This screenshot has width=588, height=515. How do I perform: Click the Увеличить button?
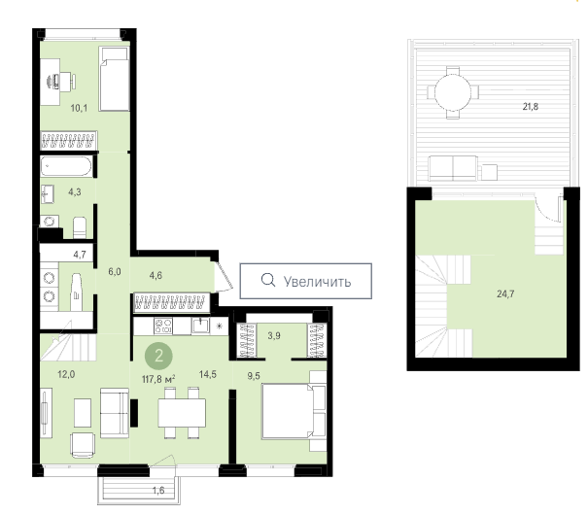(305, 281)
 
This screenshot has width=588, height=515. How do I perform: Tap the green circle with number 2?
(158, 356)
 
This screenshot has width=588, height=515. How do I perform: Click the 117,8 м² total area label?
(158, 379)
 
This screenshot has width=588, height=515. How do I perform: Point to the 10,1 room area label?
(79, 108)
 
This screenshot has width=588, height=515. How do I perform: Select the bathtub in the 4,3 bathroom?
(66, 166)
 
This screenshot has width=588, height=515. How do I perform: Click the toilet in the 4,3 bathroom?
(80, 227)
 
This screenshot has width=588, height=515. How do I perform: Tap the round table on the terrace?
(453, 92)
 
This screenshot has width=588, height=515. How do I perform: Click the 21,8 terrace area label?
(531, 107)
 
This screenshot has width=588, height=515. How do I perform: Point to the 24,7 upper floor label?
(505, 293)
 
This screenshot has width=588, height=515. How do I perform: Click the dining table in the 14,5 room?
(182, 413)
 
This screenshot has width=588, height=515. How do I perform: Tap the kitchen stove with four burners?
(163, 326)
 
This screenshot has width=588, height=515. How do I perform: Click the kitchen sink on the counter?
(201, 326)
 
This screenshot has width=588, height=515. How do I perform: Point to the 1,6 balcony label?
(158, 491)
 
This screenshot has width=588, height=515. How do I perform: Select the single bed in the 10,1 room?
(115, 79)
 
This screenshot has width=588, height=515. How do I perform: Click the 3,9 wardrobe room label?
(274, 336)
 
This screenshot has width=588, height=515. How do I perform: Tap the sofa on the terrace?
(453, 168)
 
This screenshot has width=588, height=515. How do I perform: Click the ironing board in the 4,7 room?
(76, 292)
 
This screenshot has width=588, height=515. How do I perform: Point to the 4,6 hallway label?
(156, 276)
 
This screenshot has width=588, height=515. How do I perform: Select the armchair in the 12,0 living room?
(83, 445)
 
